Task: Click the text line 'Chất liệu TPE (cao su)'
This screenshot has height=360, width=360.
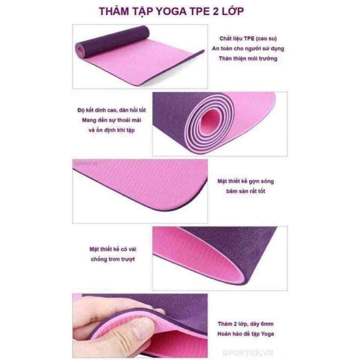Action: [x=248, y=39]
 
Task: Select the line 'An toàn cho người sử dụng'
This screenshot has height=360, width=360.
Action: [x=248, y=49]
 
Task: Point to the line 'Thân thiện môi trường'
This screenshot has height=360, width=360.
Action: [x=248, y=58]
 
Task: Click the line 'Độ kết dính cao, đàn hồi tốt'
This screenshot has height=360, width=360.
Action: [x=111, y=110]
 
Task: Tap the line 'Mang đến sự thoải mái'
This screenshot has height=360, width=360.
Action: [x=111, y=120]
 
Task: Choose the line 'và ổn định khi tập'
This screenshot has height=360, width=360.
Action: [x=111, y=130]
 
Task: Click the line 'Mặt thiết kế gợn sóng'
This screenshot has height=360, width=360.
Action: [x=246, y=181]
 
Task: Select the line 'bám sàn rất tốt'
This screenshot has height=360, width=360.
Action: [x=246, y=191]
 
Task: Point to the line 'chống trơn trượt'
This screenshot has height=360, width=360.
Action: [x=113, y=259]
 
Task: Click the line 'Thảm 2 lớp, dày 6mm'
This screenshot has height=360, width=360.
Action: [x=246, y=324]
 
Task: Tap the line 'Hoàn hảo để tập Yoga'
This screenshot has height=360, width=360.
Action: [x=246, y=333]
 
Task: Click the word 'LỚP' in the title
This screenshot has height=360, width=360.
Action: [x=231, y=11]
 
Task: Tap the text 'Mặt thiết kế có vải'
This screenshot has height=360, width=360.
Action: [x=113, y=249]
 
